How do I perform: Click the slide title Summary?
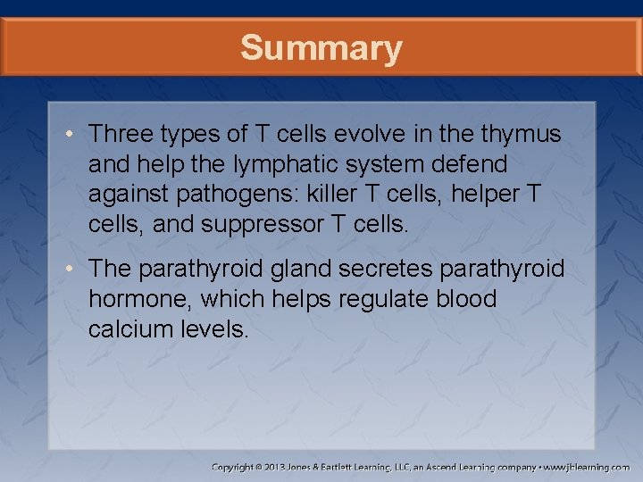[321, 48]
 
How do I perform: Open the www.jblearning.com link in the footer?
[588, 467]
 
